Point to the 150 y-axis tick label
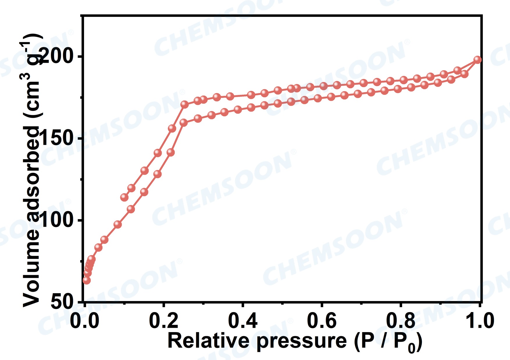tap(59, 138)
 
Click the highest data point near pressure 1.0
tap(477, 60)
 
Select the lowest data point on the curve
tap(86, 280)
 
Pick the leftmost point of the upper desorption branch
tap(124, 197)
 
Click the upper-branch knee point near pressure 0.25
tap(184, 105)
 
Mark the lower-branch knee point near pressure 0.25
tap(183, 122)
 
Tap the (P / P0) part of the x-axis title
tap(388, 341)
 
